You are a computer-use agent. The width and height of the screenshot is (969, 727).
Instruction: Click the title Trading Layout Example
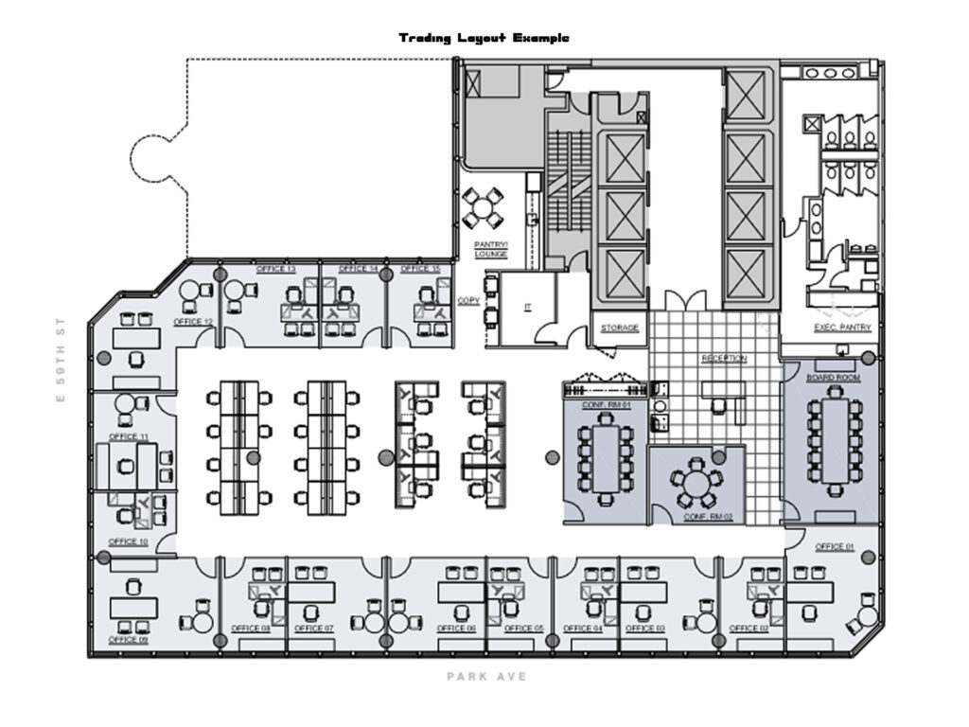(x=484, y=38)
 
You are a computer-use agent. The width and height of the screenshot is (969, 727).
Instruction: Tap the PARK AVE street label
(x=486, y=677)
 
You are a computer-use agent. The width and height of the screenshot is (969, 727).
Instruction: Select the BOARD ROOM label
(x=827, y=377)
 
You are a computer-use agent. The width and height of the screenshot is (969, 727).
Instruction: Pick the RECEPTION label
(x=724, y=359)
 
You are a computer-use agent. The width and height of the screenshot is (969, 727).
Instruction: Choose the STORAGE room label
(x=620, y=328)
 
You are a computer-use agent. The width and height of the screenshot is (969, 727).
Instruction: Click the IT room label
(x=528, y=307)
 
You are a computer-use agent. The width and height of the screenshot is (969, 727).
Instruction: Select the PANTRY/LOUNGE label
(x=490, y=249)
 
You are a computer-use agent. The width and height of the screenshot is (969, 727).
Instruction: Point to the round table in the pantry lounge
(x=484, y=205)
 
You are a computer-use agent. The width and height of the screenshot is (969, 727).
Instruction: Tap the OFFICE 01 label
(x=835, y=547)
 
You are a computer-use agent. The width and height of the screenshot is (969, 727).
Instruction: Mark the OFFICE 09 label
(x=128, y=640)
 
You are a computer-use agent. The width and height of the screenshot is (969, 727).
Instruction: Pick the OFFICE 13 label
(x=276, y=270)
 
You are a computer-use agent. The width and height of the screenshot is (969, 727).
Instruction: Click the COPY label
(x=468, y=301)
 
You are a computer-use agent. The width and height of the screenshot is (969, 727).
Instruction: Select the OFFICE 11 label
(x=128, y=436)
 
